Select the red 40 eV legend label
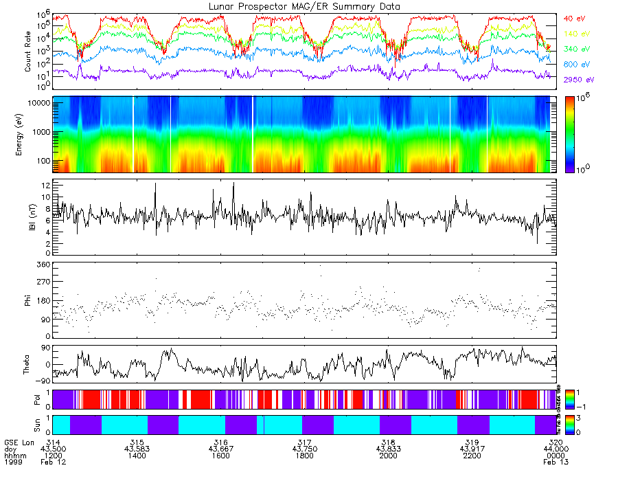[574, 18]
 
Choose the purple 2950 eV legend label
[578, 80]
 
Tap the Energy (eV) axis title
[28, 135]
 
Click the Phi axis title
[28, 300]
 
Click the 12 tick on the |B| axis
[45, 186]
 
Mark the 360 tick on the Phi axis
[43, 264]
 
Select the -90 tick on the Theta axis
[43, 380]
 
